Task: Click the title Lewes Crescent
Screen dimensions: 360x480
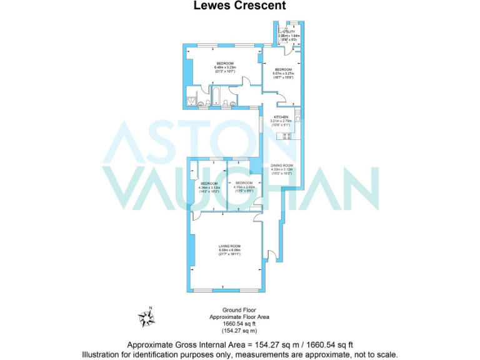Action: pyautogui.click(x=239, y=6)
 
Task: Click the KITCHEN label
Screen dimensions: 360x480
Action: pyautogui.click(x=281, y=117)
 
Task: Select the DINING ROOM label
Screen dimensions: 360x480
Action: pyautogui.click(x=281, y=164)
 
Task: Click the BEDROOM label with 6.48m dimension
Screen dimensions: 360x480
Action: pyautogui.click(x=225, y=64)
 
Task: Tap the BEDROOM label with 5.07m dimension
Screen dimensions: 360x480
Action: pyautogui.click(x=282, y=69)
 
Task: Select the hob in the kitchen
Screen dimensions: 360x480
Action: pyautogui.click(x=288, y=136)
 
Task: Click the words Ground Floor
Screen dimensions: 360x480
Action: pyautogui.click(x=240, y=311)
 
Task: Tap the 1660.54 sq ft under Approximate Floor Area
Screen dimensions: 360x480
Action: pyautogui.click(x=240, y=324)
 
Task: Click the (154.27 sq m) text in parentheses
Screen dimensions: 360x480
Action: pyautogui.click(x=240, y=331)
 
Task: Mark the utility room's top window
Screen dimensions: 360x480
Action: pyautogui.click(x=291, y=23)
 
